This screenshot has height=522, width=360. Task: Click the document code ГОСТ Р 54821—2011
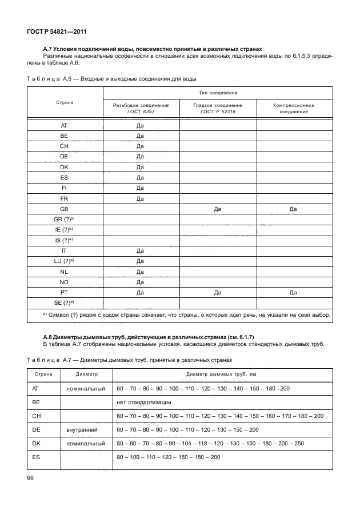pyautogui.click(x=57, y=33)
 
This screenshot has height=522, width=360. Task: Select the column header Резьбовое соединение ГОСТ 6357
pyautogui.click(x=141, y=109)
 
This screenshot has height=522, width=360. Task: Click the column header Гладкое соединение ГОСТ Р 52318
pyautogui.click(x=217, y=109)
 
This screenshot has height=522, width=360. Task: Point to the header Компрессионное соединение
pyautogui.click(x=293, y=109)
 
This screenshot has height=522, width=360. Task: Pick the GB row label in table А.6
pyautogui.click(x=64, y=209)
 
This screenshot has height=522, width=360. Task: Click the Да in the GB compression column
pyautogui.click(x=293, y=209)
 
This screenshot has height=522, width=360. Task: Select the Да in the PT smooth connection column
pyautogui.click(x=217, y=292)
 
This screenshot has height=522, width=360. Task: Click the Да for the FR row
pyautogui.click(x=141, y=199)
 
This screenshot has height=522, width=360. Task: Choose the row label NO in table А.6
pyautogui.click(x=64, y=282)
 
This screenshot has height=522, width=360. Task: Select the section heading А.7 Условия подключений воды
pyautogui.click(x=153, y=49)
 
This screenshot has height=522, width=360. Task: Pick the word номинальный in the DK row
pyautogui.click(x=85, y=443)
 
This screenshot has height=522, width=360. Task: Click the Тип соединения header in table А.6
pyautogui.click(x=217, y=92)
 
